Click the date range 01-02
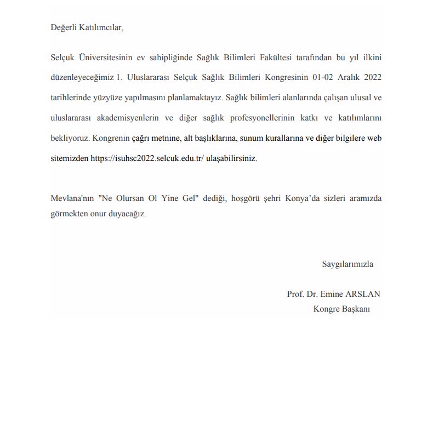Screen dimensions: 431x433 (x=323, y=77)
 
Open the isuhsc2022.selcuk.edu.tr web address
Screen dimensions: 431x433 (x=147, y=158)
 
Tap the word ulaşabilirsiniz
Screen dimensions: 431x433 (x=231, y=158)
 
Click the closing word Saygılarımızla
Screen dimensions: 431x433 (x=347, y=264)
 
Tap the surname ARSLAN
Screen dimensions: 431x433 (x=363, y=294)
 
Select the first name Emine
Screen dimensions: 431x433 (x=332, y=294)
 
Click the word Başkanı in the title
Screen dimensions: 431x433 (x=356, y=309)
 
